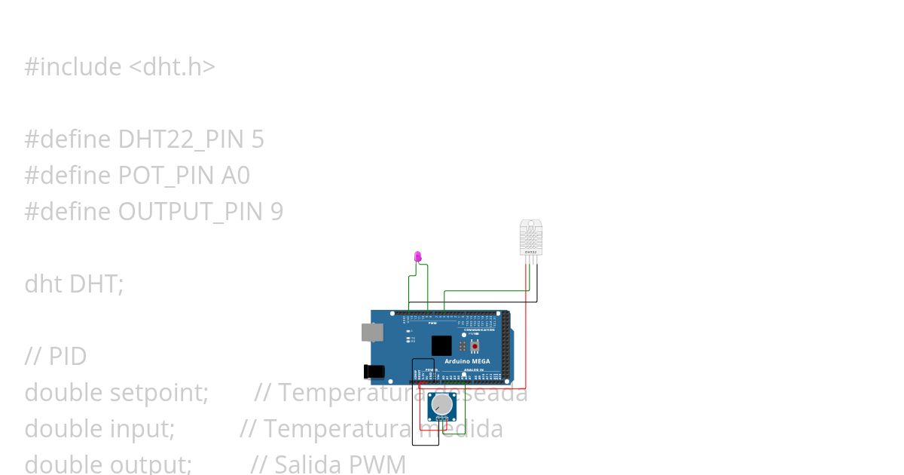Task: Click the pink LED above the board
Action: click(x=418, y=256)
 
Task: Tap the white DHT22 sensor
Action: click(x=531, y=237)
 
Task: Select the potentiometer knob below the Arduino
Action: click(x=441, y=406)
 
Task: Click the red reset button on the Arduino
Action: click(x=475, y=346)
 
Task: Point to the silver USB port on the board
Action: click(x=371, y=332)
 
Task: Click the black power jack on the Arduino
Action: click(x=374, y=371)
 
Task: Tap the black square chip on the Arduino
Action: click(x=441, y=345)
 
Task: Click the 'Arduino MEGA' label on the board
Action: click(x=467, y=362)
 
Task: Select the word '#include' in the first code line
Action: click(x=72, y=66)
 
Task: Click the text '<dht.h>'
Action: click(x=172, y=66)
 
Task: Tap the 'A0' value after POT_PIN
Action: click(x=235, y=175)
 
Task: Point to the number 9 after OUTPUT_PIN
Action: click(x=276, y=211)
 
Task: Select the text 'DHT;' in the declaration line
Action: click(x=96, y=283)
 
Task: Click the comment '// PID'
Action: click(x=56, y=356)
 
